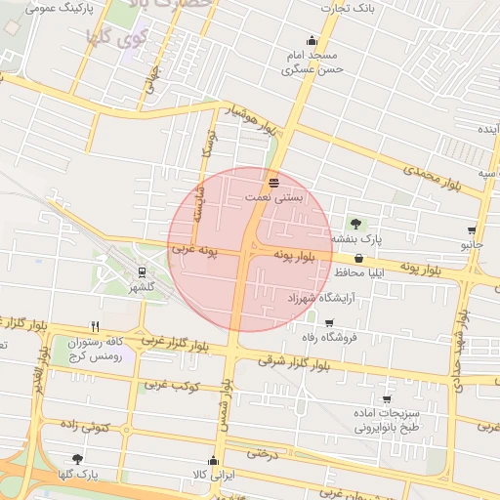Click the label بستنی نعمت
[274, 197]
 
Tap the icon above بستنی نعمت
[274, 183]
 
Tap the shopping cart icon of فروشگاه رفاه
[330, 322]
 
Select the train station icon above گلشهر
[143, 272]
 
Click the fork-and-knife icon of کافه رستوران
[95, 326]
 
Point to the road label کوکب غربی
[173, 385]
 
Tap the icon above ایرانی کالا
[213, 460]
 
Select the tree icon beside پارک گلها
[77, 458]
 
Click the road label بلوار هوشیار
[251, 121]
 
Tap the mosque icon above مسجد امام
[312, 40]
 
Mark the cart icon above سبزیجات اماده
[387, 398]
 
